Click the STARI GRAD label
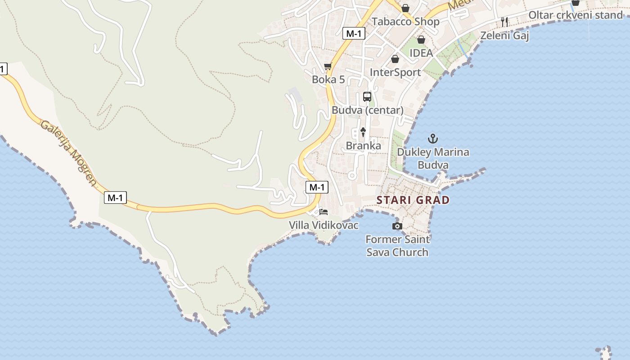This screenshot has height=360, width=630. (413, 200)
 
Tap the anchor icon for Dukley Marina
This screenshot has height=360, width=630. (432, 139)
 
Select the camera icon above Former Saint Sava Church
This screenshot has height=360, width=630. (397, 226)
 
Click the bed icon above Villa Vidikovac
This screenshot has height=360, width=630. (324, 211)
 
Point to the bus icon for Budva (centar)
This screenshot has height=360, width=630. (367, 97)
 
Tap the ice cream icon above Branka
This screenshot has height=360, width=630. (363, 132)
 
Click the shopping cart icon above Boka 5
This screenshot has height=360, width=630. (328, 67)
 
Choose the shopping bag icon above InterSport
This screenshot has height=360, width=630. (395, 59)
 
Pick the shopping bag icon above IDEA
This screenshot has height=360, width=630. (421, 40)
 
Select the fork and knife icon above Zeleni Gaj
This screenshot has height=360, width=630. (504, 22)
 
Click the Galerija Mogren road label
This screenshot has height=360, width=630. (68, 153)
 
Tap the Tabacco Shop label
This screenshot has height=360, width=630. (405, 22)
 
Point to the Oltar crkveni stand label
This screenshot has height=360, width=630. (575, 15)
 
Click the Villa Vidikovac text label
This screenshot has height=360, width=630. (324, 225)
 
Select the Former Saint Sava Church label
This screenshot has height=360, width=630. (397, 246)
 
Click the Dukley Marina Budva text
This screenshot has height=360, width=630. (433, 158)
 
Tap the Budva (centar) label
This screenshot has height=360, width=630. (367, 110)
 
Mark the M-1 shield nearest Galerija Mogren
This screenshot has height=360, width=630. (115, 197)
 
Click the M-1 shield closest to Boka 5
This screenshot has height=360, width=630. (353, 33)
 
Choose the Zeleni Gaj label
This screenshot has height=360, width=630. (504, 36)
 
